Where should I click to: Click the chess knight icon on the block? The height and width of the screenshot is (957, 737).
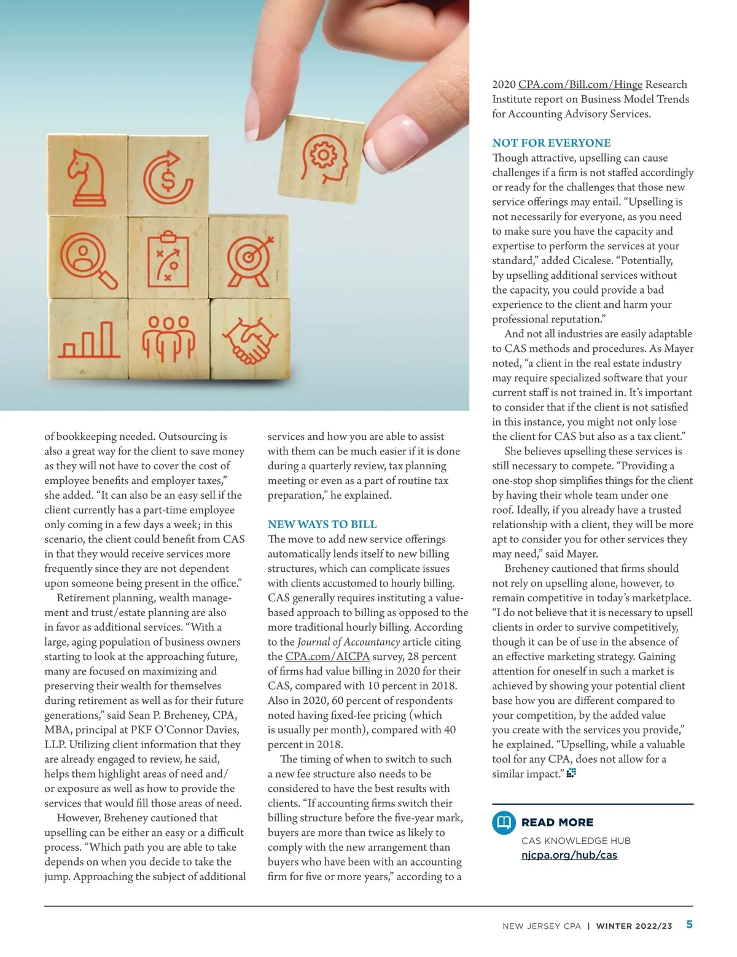[x=87, y=179]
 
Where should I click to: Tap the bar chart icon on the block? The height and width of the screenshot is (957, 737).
[x=87, y=339]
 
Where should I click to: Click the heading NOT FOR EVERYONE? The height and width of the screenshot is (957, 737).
[x=551, y=143]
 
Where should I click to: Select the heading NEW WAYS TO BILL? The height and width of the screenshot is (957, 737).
[x=322, y=525]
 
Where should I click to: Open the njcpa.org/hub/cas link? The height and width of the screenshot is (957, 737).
[x=569, y=855]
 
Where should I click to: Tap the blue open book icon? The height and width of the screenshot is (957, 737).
[x=504, y=822]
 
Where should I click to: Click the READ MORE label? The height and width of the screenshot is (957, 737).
[x=557, y=822]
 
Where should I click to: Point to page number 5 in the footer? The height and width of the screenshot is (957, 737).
[x=689, y=924]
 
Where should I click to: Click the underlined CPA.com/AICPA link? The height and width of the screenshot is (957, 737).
[x=327, y=657]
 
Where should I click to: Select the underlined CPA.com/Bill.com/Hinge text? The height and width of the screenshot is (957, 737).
[x=580, y=85]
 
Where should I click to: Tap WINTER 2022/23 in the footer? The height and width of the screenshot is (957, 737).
[x=634, y=926]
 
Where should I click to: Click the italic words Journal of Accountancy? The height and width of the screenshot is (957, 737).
[x=348, y=642]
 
